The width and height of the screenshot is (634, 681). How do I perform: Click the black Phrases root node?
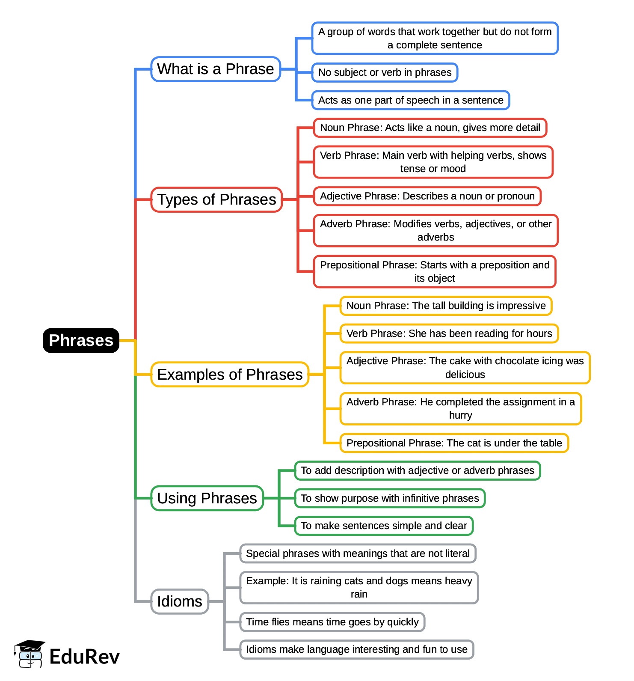click(x=81, y=340)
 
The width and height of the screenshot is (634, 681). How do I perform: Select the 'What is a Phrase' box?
click(x=216, y=69)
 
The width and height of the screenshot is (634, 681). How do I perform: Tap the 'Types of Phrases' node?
click(x=216, y=199)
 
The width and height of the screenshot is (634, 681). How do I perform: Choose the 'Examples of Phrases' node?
click(x=230, y=375)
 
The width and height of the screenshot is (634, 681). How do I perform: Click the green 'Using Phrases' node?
click(x=207, y=498)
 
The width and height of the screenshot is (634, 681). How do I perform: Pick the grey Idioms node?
click(x=180, y=601)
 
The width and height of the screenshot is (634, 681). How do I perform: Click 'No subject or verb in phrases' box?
click(x=385, y=72)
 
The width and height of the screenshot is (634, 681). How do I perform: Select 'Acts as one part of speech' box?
click(x=411, y=100)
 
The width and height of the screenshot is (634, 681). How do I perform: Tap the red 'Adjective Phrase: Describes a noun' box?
click(x=427, y=196)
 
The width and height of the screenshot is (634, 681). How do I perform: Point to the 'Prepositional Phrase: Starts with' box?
click(x=435, y=271)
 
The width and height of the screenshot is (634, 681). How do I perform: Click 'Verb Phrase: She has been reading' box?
click(x=449, y=333)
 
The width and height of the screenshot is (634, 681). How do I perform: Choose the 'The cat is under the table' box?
click(x=454, y=443)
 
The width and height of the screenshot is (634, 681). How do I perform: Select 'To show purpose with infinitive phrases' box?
click(x=390, y=498)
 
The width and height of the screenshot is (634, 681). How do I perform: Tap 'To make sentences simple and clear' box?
click(x=384, y=526)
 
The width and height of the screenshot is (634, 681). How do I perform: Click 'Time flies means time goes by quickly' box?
click(x=332, y=622)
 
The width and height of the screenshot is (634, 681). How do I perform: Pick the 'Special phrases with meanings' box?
click(x=358, y=553)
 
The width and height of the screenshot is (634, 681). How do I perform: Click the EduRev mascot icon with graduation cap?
click(x=29, y=654)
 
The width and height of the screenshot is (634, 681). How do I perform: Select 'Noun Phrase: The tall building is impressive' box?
click(x=446, y=306)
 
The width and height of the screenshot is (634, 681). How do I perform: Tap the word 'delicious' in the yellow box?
click(x=465, y=375)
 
